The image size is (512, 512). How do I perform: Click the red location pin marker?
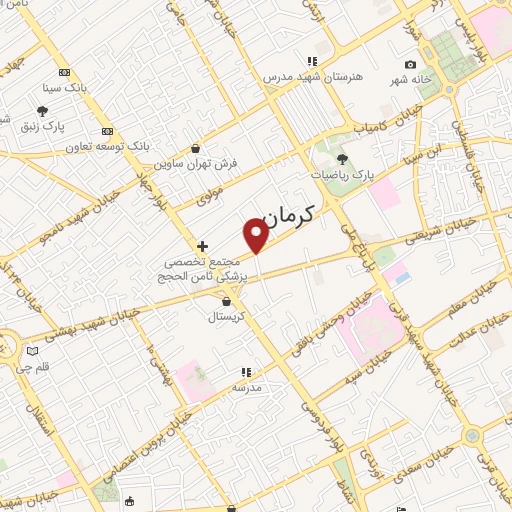coord(257,235)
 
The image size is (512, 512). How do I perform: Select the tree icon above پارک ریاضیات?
coord(341,159)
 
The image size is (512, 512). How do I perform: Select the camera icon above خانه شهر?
coord(410,65)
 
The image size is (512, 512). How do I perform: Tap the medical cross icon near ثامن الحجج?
coord(203,245)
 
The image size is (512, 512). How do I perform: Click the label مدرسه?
coord(247,386)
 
